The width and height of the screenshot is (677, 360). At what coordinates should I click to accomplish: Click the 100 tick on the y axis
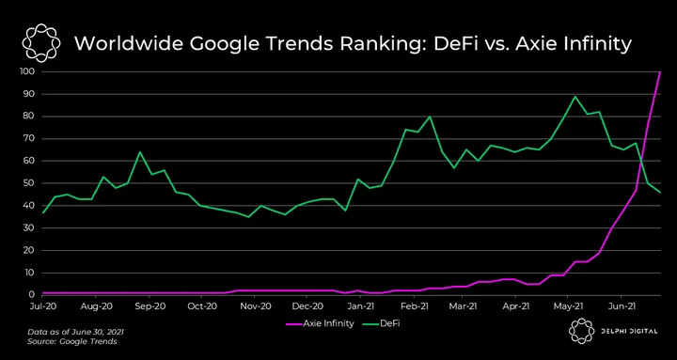click(x=27, y=71)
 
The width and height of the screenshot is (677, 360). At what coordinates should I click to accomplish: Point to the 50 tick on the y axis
click(x=29, y=183)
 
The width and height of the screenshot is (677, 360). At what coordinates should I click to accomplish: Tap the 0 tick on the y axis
click(x=32, y=295)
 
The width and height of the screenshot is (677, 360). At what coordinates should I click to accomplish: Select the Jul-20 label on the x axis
click(x=42, y=307)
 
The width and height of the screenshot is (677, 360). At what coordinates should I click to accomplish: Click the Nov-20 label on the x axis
click(x=254, y=307)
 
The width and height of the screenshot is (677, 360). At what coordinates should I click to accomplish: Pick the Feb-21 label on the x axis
click(x=415, y=307)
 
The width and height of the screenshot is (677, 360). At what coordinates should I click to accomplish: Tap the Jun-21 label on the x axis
click(x=621, y=307)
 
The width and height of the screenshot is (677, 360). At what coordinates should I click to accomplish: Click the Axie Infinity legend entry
click(x=320, y=323)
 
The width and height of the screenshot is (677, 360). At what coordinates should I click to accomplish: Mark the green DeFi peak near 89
click(x=575, y=96)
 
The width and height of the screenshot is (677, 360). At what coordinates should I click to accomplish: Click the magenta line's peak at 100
click(x=660, y=72)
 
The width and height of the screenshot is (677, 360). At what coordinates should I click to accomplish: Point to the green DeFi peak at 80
click(x=430, y=117)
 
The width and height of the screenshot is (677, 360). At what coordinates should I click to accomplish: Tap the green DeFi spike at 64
click(x=140, y=152)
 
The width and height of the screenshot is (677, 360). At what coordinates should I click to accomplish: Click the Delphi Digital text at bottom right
click(x=628, y=331)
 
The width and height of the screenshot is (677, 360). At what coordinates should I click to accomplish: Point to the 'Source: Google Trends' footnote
click(x=72, y=342)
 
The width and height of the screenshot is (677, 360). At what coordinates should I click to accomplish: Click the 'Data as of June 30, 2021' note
click(x=75, y=333)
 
